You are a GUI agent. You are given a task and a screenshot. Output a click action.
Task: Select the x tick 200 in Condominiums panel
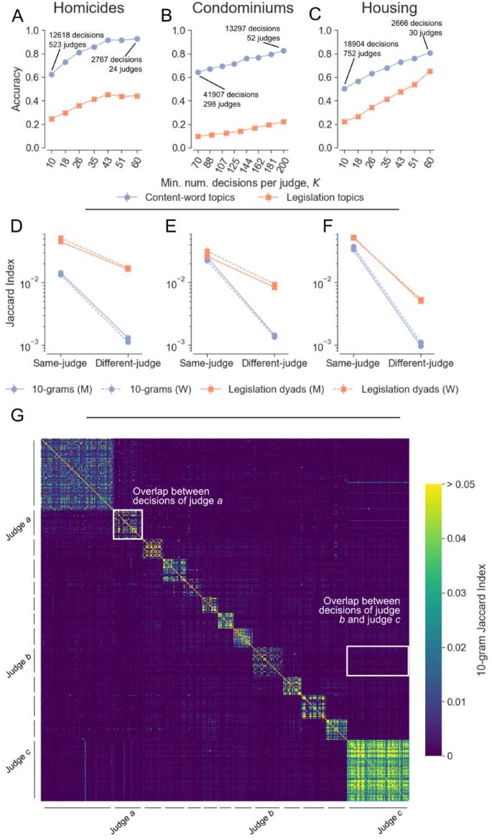point(283,167)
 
